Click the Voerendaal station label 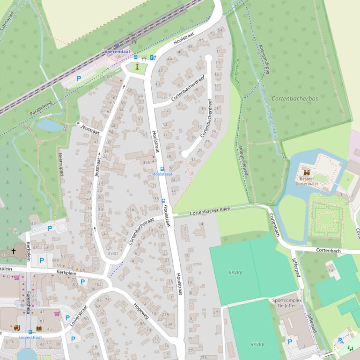[x=117, y=52]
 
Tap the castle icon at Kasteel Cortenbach [x=307, y=173]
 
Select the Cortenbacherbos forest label [x=294, y=99]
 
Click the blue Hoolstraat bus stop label [x=162, y=174]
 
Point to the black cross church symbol [x=14, y=252]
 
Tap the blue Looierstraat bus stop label [x=30, y=337]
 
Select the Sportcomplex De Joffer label [x=286, y=303]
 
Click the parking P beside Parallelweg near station [x=79, y=79]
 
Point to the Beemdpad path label [x=60, y=164]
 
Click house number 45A [x=146, y=162]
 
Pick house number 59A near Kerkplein [x=55, y=260]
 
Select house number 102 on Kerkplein [x=98, y=284]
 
